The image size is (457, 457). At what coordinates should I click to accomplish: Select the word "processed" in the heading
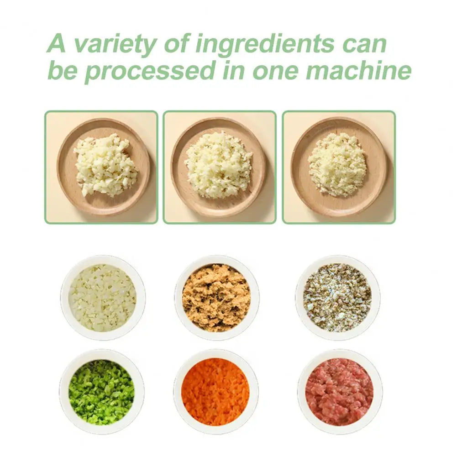[149, 71]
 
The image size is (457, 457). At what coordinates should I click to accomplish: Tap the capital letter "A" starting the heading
[57, 43]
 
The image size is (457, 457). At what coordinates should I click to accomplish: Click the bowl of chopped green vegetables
[101, 392]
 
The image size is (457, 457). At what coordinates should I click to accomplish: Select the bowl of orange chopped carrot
[215, 392]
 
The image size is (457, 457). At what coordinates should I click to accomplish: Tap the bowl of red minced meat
[339, 392]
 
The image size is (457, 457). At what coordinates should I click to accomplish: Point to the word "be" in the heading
[63, 71]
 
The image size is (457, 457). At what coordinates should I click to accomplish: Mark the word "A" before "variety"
[57, 43]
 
